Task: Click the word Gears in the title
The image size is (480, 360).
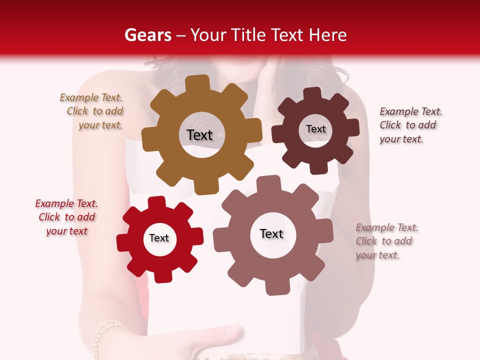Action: pos(147,35)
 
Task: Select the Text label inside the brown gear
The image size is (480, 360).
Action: pos(199,135)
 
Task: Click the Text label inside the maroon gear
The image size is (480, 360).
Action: pos(315,129)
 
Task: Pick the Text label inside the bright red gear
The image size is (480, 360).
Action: pos(159,238)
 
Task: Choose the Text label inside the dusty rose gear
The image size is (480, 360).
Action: pos(271,233)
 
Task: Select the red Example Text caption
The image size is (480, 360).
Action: pos(66,217)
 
